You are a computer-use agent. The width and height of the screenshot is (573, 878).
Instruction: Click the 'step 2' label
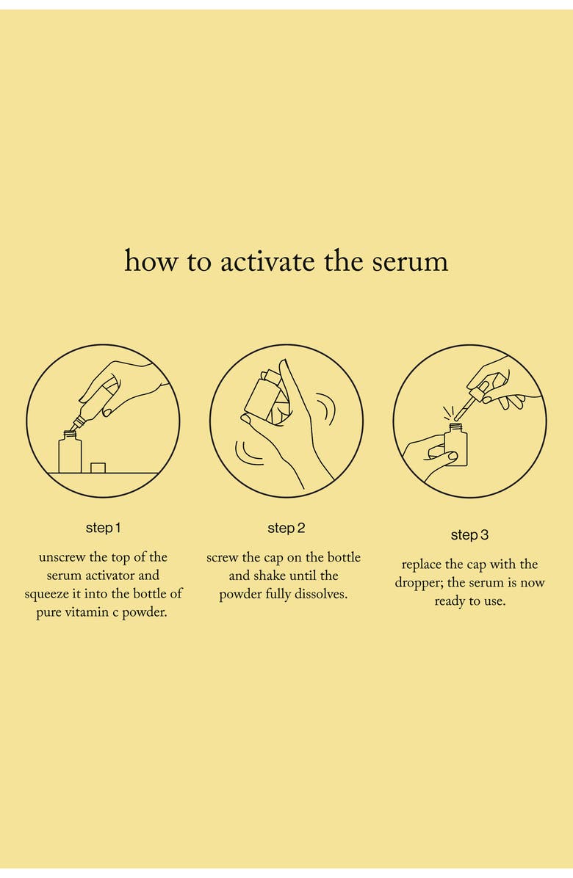click(x=286, y=528)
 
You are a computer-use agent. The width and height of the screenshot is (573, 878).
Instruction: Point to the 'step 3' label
click(x=469, y=535)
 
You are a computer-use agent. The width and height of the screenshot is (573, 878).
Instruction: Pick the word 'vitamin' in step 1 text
click(x=95, y=612)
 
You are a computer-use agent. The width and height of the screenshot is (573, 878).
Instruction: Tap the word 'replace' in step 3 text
click(x=422, y=565)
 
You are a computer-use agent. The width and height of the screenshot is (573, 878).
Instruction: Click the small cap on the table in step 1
click(x=98, y=467)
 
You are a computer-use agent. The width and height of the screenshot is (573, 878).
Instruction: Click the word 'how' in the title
click(x=151, y=261)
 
